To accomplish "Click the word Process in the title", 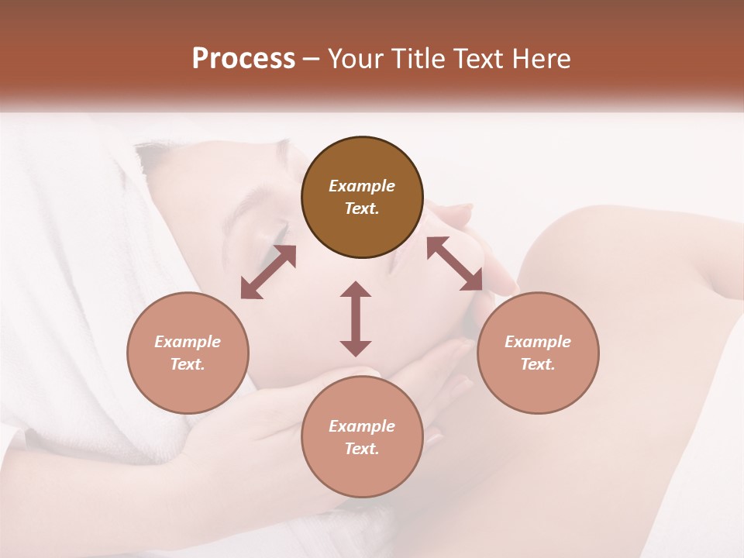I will point(243,59).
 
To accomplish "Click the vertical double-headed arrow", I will point(356,319).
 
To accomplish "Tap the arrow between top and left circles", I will point(268,272).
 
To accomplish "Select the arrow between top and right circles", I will point(455,264).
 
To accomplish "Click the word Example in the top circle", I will point(362,186).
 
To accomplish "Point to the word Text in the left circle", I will point(188,364).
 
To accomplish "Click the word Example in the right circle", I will point(538,342).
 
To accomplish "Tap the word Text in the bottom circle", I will point(362,449).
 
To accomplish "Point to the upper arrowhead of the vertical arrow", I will point(356,290).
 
